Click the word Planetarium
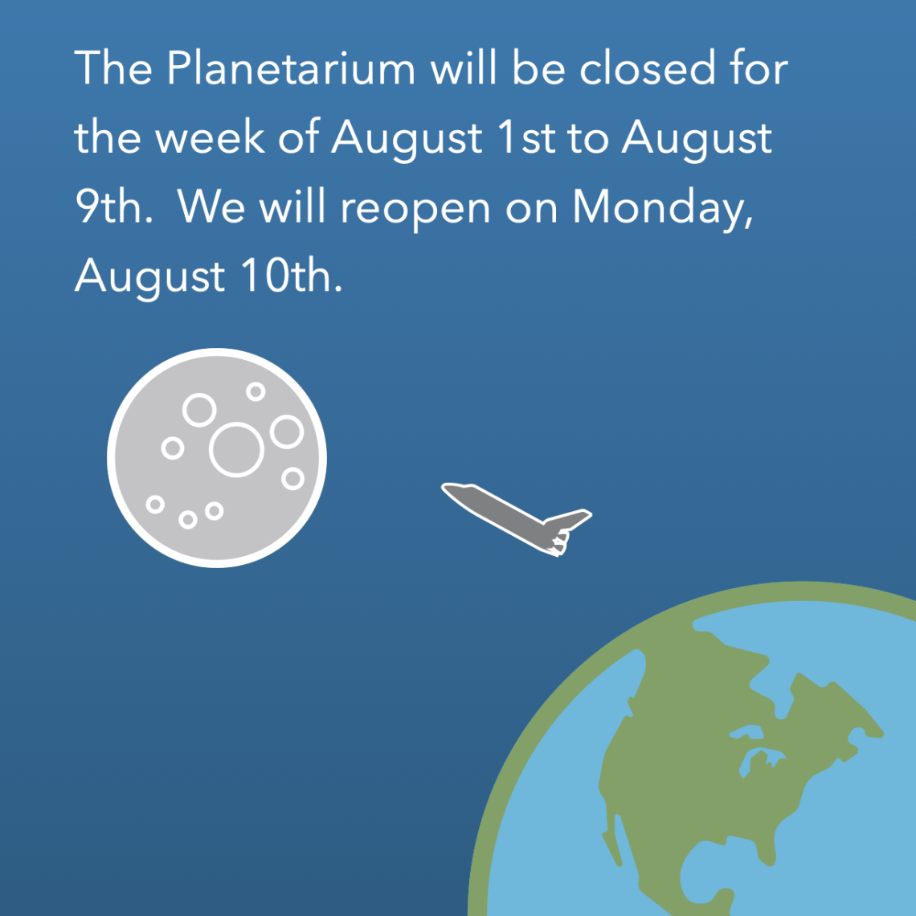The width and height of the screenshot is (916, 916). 291,67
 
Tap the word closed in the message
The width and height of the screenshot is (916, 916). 647,67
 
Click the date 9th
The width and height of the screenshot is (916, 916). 113,207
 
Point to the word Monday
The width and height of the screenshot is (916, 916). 662,207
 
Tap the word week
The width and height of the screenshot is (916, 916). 210,137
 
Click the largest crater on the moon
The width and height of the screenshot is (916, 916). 236,450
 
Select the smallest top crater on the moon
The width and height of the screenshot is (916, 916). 256,391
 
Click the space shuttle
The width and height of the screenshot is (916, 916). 517,519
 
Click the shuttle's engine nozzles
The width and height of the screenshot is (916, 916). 558,543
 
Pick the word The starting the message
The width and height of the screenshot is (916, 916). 113,67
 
